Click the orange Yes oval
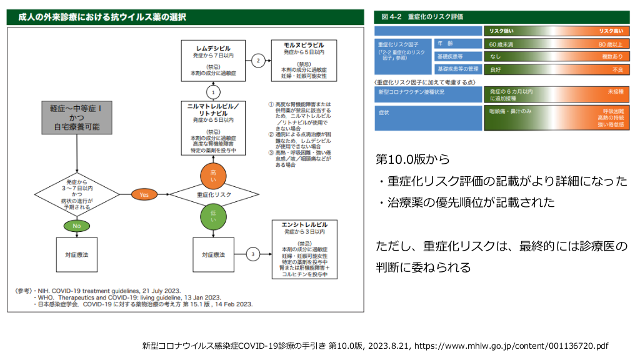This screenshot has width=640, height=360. click(144, 195)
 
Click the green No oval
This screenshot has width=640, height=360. click(77, 225)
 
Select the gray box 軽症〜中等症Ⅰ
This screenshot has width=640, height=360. click(77, 117)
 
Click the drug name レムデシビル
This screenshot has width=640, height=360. click(213, 47)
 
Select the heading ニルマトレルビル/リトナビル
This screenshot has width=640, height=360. click(213, 110)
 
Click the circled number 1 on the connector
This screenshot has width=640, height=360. click(213, 91)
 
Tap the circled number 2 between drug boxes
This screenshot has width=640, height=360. click(258, 61)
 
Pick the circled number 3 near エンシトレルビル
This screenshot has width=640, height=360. click(252, 254)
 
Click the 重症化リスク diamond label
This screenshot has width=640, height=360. click(213, 195)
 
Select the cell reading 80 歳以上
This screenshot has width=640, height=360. click(610, 44)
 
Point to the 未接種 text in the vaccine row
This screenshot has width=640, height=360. click(615, 91)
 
